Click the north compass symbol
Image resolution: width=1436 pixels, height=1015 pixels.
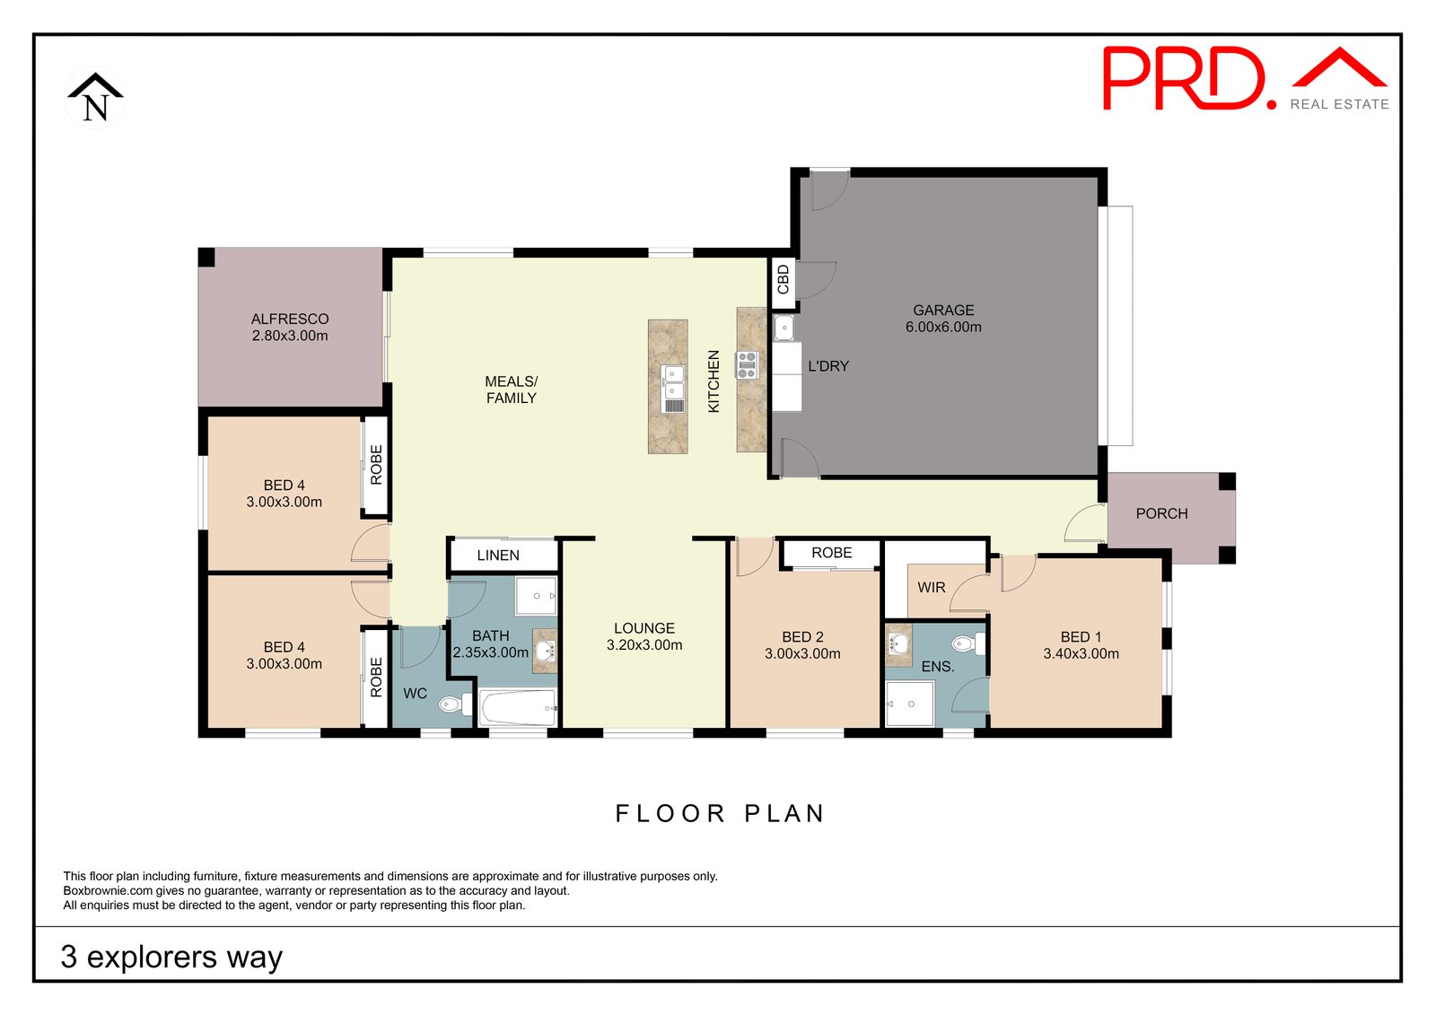click(x=95, y=98)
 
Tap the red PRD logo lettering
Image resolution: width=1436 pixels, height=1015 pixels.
click(x=1189, y=78)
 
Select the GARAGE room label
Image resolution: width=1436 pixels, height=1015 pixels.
click(x=943, y=311)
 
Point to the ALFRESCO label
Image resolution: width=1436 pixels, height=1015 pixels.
click(x=290, y=319)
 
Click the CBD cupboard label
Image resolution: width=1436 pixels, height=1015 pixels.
click(x=783, y=280)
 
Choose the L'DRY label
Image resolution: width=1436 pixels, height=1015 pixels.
click(x=828, y=366)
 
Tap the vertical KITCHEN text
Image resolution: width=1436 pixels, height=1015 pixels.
click(x=714, y=381)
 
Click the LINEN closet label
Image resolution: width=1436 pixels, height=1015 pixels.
click(x=498, y=556)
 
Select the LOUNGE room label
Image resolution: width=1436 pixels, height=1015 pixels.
click(x=644, y=628)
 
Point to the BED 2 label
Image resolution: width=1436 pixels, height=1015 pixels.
click(x=802, y=636)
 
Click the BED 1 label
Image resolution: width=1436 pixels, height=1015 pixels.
click(x=1081, y=636)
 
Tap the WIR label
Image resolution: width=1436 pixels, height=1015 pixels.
click(x=932, y=587)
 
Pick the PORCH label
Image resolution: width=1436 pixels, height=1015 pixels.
click(x=1161, y=513)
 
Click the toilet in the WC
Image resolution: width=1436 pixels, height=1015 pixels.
click(x=456, y=704)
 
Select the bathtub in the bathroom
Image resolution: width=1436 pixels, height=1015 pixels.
click(x=518, y=708)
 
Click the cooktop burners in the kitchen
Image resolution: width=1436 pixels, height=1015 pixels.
click(x=747, y=364)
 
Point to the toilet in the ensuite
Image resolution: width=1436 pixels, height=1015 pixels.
click(x=968, y=643)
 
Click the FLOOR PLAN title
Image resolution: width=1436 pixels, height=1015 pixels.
click(x=720, y=814)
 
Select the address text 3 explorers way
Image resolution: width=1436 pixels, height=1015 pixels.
click(x=171, y=957)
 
